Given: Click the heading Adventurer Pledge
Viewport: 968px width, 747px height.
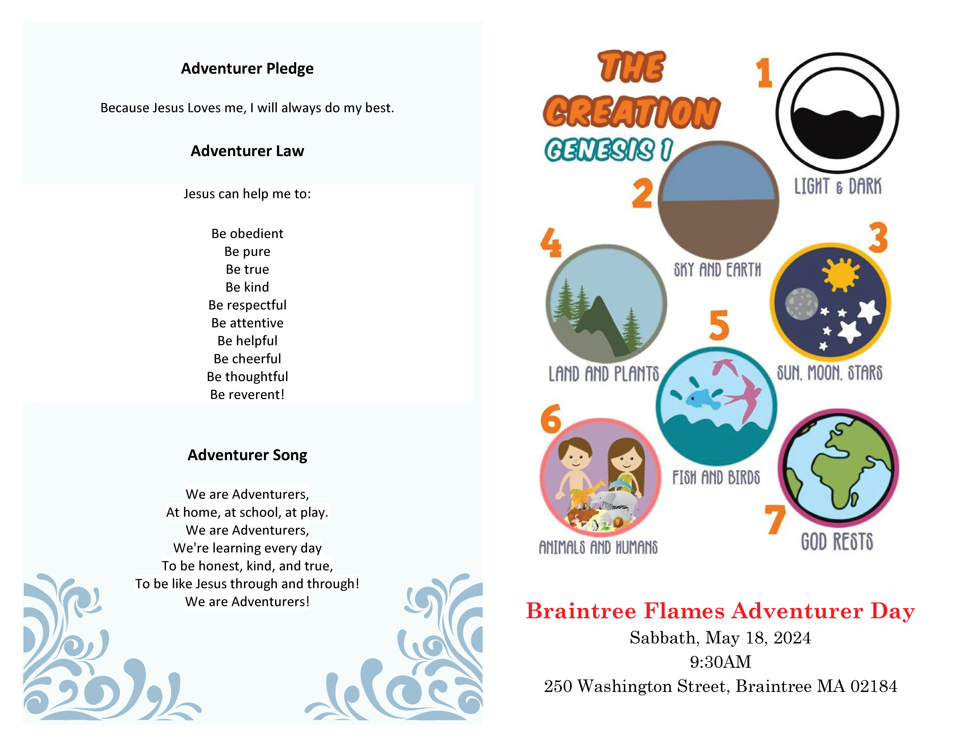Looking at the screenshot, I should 247,69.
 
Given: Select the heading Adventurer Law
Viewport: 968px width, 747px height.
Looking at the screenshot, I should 247,151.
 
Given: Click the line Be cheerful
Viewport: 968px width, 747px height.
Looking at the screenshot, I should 247,358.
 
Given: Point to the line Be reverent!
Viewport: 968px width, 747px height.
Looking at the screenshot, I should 247,394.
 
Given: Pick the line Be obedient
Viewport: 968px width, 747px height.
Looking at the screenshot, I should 247,233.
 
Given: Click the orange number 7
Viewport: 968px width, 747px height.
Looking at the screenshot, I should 775,519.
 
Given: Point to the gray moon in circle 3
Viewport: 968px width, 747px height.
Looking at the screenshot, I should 801,303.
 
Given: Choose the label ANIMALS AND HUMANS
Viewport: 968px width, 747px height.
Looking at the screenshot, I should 598,547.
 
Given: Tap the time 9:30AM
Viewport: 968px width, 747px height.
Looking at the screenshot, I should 720,661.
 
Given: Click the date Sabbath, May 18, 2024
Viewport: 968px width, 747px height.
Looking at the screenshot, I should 720,638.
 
